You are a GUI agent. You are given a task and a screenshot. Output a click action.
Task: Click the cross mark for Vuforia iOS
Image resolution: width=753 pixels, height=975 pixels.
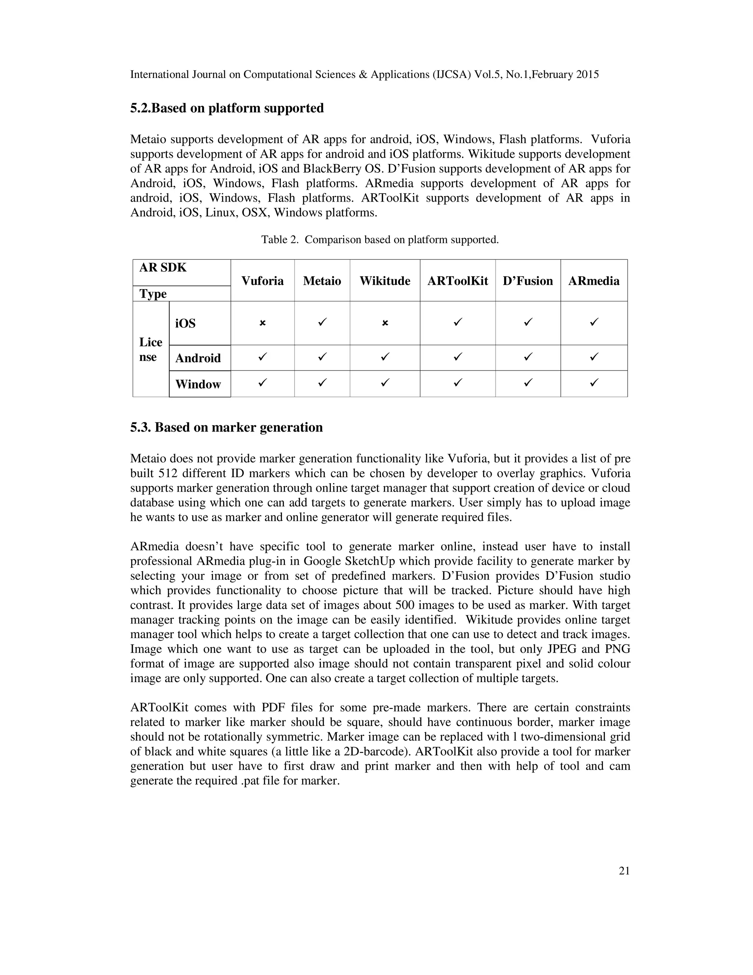(x=262, y=323)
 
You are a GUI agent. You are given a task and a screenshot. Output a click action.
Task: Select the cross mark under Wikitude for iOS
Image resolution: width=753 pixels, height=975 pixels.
(x=385, y=323)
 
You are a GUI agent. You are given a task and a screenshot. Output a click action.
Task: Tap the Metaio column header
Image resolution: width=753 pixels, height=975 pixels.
(x=322, y=281)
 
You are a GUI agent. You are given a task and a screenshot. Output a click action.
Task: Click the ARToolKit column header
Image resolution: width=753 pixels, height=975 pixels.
(x=457, y=281)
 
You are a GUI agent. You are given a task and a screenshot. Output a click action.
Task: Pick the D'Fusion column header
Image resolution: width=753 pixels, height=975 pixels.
(x=528, y=281)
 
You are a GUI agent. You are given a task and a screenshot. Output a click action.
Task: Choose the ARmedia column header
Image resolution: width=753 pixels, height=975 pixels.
(x=594, y=281)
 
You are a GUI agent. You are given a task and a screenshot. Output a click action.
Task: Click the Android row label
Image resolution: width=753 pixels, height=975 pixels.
(x=198, y=358)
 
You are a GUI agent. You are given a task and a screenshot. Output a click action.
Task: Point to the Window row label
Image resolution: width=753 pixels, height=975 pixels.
(x=198, y=384)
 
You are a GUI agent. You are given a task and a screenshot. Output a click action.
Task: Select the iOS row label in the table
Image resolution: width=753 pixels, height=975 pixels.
(x=185, y=323)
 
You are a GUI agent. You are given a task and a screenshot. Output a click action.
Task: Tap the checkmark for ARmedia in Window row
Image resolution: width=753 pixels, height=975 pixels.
(x=594, y=383)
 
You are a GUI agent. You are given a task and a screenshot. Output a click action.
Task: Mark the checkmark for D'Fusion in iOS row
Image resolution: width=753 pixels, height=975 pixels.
(x=528, y=322)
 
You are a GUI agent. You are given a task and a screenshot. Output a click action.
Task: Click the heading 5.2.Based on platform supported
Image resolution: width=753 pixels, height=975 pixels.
(x=226, y=108)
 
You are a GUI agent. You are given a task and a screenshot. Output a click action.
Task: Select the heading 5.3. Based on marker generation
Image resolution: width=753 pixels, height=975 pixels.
(x=226, y=427)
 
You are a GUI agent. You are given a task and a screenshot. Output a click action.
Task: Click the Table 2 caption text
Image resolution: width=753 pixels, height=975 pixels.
(x=379, y=240)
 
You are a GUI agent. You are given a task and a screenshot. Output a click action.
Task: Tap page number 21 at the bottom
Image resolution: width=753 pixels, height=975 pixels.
(x=624, y=871)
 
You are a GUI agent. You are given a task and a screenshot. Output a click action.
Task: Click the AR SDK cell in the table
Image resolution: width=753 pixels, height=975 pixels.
(x=163, y=268)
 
